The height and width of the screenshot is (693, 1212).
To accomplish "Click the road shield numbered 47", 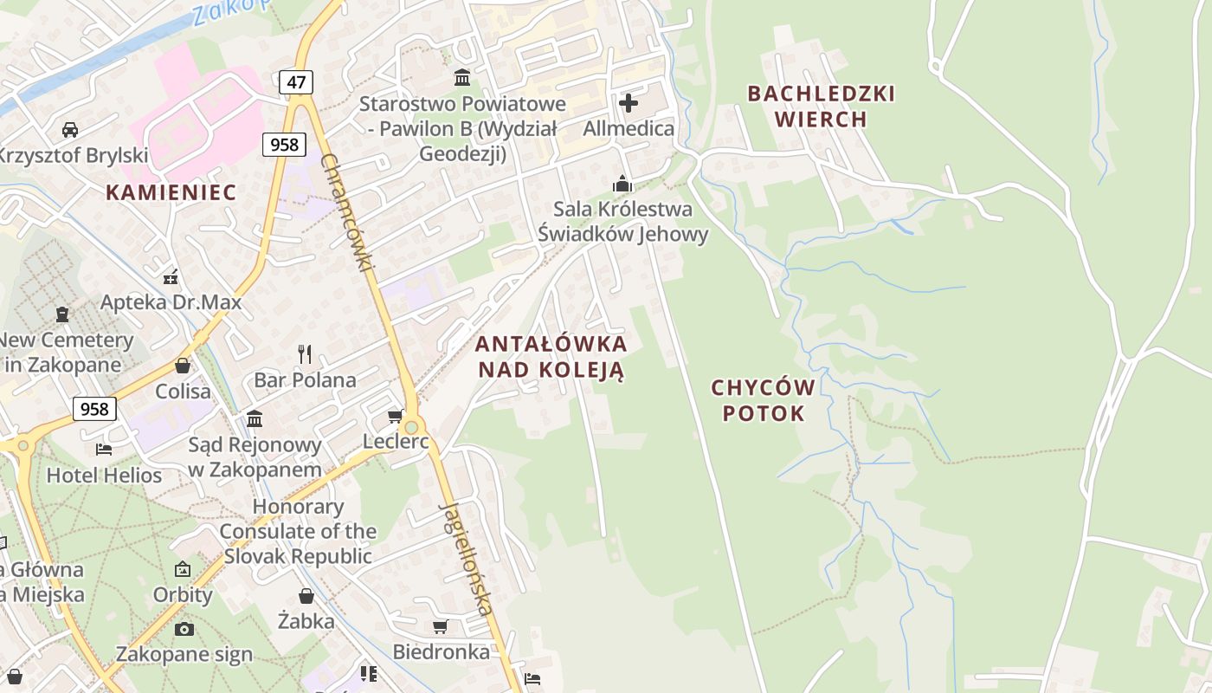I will point(296,82).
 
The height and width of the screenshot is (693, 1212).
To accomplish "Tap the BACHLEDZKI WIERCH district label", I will point(821,107).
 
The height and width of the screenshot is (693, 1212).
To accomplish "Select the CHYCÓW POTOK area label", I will point(764,399).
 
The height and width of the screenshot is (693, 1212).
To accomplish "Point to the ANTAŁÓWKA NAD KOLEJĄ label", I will point(551,356).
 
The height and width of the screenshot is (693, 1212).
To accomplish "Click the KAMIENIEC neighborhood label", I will point(171,192).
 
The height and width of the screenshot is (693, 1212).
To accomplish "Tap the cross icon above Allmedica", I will point(629,104).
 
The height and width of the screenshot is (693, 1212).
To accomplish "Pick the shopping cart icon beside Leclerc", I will point(396,417).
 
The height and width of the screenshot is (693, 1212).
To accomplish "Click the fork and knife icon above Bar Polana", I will point(304,353).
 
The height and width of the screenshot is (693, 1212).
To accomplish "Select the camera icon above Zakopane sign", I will point(184,629).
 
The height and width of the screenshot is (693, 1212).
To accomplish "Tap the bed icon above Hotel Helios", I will point(104,449).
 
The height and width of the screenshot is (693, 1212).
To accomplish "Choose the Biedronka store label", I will point(441,651).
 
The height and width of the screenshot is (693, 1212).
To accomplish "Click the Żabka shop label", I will point(306,620).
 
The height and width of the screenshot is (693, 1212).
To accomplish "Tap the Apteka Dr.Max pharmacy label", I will point(171,302).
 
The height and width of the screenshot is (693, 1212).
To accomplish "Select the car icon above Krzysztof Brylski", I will point(70,130).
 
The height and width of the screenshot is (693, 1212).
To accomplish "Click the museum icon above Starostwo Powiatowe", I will point(462,78).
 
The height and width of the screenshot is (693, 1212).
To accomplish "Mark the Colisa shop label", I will point(183,391).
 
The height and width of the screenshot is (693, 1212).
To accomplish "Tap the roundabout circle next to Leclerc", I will point(411,426).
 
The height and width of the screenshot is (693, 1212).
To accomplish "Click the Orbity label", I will point(183,595).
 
